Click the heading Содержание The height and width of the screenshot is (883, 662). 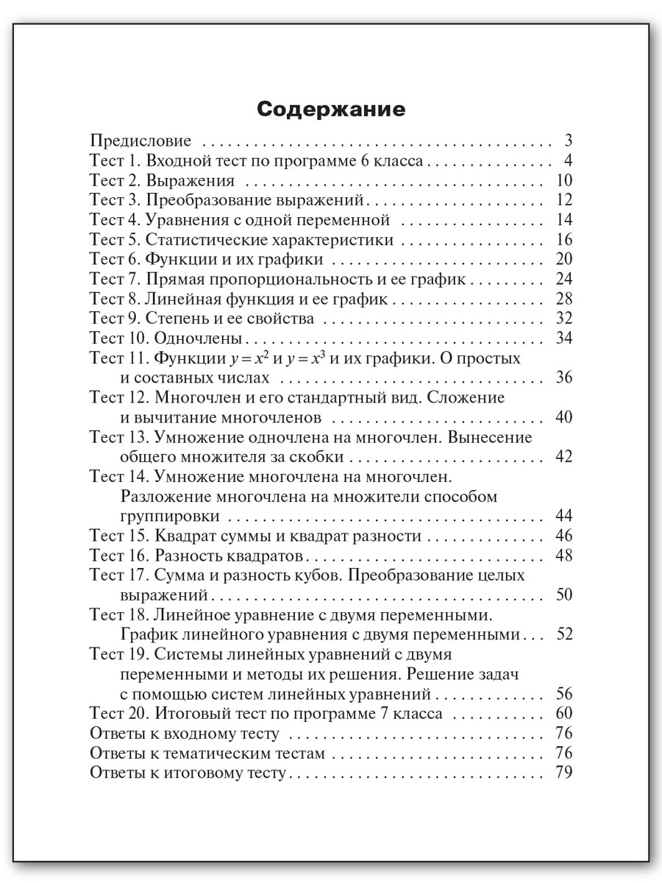click(331, 110)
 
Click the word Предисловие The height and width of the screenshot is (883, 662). click(140, 141)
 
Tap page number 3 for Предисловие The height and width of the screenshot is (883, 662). click(568, 141)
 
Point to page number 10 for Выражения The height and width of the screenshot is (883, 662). click(564, 181)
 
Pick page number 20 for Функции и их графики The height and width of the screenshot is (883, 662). click(564, 260)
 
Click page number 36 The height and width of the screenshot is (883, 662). click(564, 378)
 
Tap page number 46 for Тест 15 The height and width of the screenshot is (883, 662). click(564, 536)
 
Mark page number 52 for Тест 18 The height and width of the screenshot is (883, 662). click(564, 634)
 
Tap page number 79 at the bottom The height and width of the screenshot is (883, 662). click(564, 773)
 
